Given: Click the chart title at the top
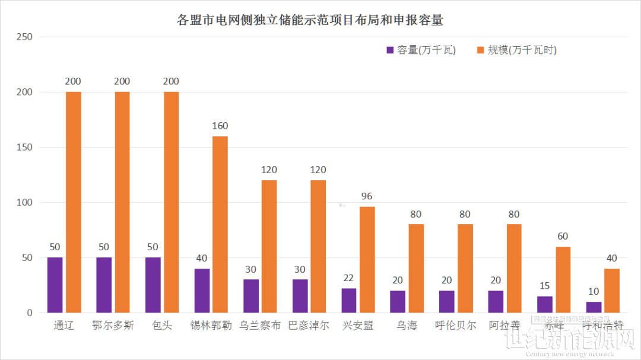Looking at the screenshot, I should (310, 20).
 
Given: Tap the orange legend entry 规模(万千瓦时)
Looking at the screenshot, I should (517, 50).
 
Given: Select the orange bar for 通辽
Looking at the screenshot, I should (74, 202).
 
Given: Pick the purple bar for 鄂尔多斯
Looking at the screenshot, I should (104, 285).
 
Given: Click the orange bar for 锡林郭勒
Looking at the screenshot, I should (220, 224).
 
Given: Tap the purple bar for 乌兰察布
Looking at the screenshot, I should (251, 296).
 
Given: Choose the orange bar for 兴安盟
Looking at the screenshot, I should (367, 259).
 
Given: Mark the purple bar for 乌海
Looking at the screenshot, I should (398, 301).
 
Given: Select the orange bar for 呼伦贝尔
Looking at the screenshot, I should (465, 268).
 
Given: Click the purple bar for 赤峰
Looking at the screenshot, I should (545, 304).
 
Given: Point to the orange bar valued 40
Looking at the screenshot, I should (612, 291).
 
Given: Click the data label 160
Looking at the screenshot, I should (220, 126).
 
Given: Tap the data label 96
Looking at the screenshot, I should (367, 196).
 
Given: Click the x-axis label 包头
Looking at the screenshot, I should (162, 326).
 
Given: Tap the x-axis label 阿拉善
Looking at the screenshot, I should (505, 326).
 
